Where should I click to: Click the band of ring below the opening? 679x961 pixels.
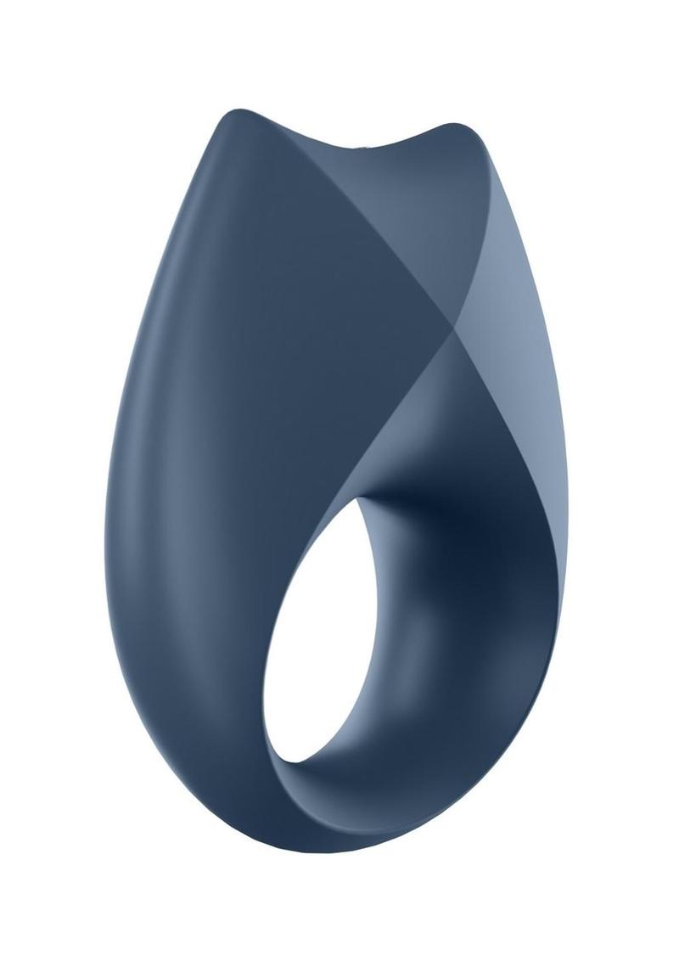356,806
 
